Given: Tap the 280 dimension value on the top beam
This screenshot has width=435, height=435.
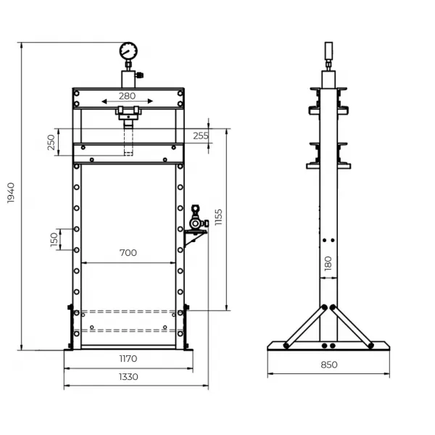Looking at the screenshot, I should tap(128, 95).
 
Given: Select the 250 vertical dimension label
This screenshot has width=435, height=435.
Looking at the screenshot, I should tap(51, 143).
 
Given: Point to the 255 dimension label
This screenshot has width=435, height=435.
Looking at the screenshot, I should tap(201, 136).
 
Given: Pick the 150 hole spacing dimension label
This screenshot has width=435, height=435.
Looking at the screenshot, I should tap(54, 239).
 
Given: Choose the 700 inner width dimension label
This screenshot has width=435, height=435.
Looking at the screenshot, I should tap(128, 253).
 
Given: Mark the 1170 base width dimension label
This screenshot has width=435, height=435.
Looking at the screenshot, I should tap(128, 358).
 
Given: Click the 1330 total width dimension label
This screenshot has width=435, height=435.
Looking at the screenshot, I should tap(128, 376).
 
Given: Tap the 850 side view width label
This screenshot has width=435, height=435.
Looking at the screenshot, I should tap(328, 365).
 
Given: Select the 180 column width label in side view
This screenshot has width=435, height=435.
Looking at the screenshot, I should tap(328, 262).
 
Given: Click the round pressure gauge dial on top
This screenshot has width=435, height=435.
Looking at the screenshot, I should tap(128, 51).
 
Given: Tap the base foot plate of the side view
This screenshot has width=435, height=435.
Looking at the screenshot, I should tap(328, 346).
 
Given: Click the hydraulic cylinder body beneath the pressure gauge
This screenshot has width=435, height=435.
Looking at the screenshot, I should tap(128, 78).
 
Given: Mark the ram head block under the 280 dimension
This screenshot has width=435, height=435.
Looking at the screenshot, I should tap(128, 112).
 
